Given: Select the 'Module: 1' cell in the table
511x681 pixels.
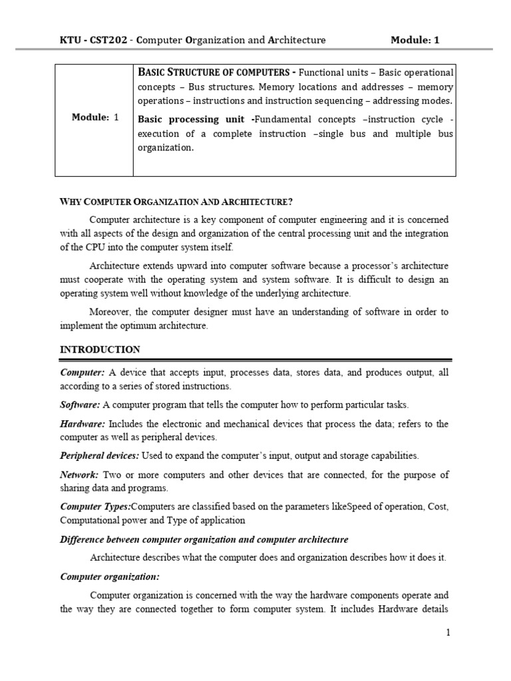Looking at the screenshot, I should [x=94, y=117].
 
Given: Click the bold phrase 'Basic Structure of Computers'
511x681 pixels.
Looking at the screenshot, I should [x=214, y=72].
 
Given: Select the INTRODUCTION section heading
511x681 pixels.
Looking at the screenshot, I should [x=100, y=349].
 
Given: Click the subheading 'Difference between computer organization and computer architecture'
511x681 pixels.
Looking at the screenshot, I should [x=204, y=539].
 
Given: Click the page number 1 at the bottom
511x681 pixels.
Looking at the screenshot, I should [x=448, y=632].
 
